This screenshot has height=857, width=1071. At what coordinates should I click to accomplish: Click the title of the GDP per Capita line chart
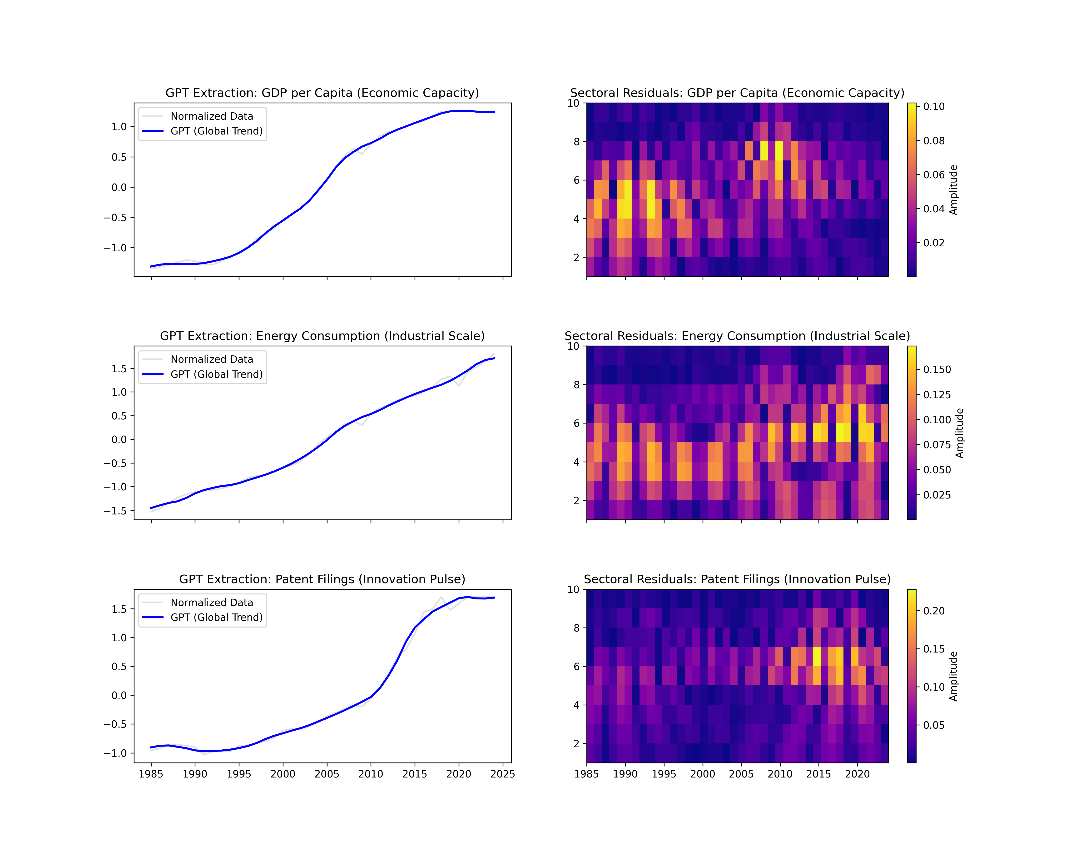coord(322,93)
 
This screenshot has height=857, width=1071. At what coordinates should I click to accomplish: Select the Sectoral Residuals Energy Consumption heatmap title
coord(737,336)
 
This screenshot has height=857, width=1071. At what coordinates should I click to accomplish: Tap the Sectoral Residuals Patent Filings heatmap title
coord(737,579)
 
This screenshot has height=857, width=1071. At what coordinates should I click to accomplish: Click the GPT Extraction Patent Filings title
coord(322,579)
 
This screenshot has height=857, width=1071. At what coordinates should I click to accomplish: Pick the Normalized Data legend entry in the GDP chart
coord(212,116)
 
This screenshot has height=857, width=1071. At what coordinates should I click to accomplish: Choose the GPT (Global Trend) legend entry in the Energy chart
coord(217,374)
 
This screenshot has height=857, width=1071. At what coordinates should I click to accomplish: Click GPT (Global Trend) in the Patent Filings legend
coord(217,617)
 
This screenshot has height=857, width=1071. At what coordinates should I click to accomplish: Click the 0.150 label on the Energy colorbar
coord(937,370)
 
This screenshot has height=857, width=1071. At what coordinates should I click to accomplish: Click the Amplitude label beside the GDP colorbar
coord(953,190)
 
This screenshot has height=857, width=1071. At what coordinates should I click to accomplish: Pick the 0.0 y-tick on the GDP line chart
coord(119,187)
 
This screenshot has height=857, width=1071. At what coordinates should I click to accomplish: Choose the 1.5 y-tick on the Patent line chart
coord(119,609)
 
